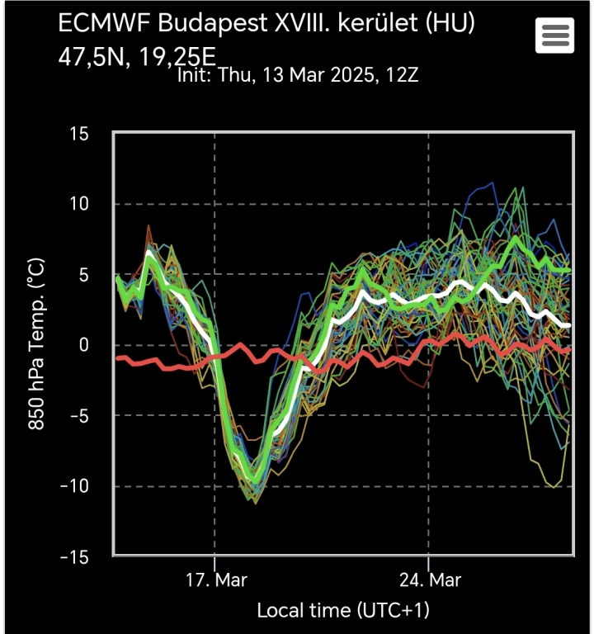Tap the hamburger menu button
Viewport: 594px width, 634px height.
pos(554,35)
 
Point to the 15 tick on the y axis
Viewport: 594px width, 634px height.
pos(79,134)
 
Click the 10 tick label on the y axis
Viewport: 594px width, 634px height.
pos(79,204)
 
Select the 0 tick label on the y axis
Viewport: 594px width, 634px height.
pos(84,345)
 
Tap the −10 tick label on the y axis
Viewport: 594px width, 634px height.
pos(74,486)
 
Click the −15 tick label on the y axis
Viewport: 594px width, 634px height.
pos(74,557)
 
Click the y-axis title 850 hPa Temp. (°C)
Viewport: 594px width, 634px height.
pos(37,345)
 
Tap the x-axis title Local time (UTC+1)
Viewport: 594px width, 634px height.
pos(343,611)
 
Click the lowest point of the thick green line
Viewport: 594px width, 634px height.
pos(255,481)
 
